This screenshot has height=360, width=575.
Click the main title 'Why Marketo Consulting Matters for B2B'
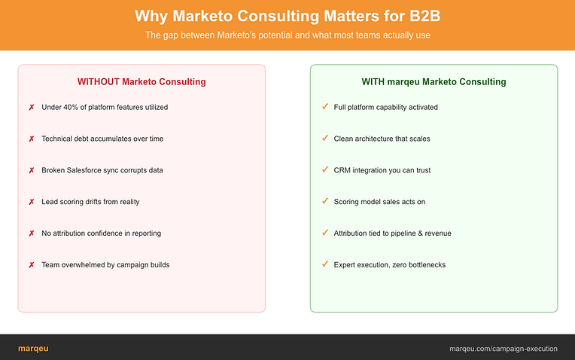(x=287, y=16)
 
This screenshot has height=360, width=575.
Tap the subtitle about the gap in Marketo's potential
(x=287, y=35)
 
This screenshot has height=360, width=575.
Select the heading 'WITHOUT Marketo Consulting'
(x=141, y=82)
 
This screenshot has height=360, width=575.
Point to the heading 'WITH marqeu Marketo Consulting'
(x=434, y=82)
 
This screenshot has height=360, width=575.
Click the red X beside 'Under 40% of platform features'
(x=32, y=107)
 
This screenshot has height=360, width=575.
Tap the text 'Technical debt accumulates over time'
(x=102, y=139)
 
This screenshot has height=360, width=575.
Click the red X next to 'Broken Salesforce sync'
(x=32, y=170)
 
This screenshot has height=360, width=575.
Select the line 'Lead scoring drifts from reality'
(x=90, y=202)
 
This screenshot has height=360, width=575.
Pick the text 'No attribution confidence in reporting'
(x=101, y=233)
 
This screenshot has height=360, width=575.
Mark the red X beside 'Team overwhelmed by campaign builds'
(x=32, y=265)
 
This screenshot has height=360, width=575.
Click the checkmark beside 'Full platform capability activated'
(x=325, y=107)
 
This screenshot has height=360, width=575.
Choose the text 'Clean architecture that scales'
(x=382, y=139)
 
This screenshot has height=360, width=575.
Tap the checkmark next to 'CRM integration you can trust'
(x=325, y=170)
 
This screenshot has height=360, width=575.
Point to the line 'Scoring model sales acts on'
(x=379, y=202)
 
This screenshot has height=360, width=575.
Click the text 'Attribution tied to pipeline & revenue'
(x=392, y=233)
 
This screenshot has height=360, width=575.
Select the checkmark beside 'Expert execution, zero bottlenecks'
(x=325, y=264)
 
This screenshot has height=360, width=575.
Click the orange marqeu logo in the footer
(x=33, y=349)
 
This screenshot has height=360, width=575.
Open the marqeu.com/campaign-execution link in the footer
(x=504, y=349)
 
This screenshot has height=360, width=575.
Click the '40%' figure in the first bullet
(x=71, y=107)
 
